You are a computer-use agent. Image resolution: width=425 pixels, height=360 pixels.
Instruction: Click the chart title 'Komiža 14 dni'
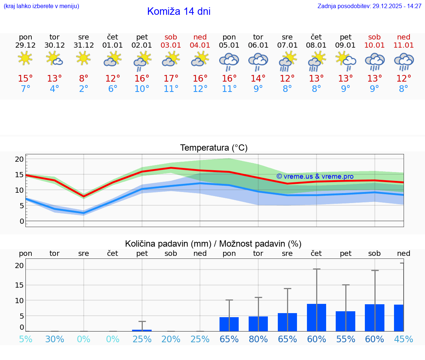179,11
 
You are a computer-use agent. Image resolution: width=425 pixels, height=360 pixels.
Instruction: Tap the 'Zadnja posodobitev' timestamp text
369,6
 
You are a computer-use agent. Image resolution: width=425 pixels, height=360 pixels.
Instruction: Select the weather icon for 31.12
83,58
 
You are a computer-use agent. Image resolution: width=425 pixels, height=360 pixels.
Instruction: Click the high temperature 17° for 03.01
171,79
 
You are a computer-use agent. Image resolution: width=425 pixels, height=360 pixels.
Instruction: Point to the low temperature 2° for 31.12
84,89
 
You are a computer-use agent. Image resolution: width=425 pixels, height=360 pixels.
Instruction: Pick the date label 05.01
229,45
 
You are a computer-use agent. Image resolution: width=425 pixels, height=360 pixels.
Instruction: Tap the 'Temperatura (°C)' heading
214,148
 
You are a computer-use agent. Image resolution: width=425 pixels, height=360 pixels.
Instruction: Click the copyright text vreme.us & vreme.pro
315,176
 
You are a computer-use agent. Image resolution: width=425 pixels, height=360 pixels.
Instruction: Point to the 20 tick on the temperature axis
19,159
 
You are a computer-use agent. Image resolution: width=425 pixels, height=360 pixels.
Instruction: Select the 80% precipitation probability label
258,339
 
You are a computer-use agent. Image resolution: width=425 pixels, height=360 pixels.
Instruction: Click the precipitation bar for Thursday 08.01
317,318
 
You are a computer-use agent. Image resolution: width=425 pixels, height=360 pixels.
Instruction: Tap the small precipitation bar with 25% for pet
142,330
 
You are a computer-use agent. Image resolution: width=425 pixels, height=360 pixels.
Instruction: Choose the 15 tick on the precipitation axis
19,285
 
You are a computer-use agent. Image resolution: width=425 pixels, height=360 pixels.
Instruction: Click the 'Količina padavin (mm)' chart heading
213,244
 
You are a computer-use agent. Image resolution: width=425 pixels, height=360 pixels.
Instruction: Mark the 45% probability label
404,339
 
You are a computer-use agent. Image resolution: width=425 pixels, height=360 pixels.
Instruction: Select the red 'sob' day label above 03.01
171,37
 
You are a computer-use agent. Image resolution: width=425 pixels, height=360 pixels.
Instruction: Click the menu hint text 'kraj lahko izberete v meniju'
41,6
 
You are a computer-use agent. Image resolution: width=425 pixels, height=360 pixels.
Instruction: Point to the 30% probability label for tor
55,339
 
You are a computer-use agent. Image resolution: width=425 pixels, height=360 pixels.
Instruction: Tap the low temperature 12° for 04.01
200,89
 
